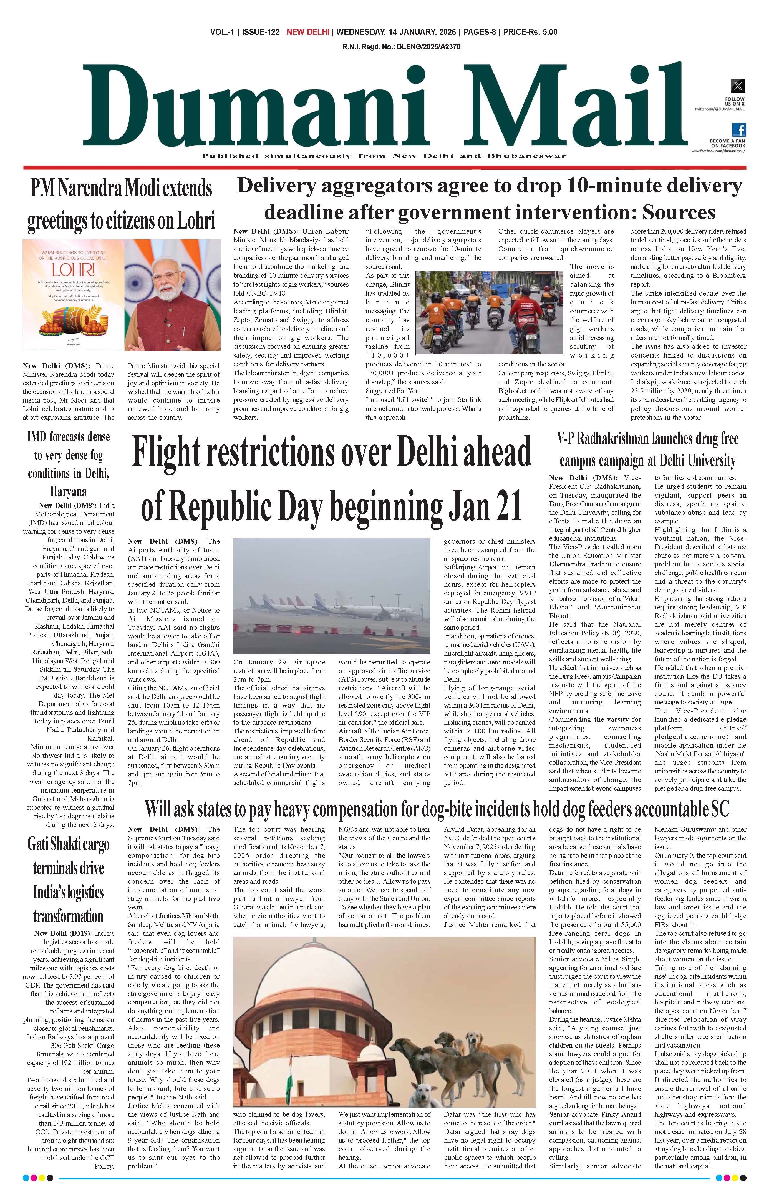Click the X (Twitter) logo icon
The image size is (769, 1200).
tap(738, 86)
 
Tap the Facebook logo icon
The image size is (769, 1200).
tap(738, 129)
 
